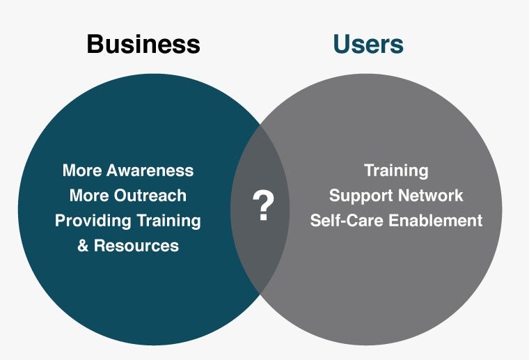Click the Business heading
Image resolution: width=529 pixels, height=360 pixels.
tap(143, 44)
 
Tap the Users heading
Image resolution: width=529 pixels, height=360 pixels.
tap(368, 44)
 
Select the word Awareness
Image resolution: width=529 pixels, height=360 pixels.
tap(150, 171)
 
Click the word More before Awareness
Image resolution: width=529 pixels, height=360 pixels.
tap(82, 171)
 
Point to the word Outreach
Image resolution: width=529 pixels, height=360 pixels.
tap(150, 196)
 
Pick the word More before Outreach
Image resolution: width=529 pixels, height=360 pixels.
tap(89, 196)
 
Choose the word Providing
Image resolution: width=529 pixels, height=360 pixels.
tap(93, 221)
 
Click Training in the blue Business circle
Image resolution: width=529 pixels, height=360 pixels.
tap(168, 221)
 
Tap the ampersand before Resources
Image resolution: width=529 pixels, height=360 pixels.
tap(83, 246)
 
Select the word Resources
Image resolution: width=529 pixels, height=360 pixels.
tap(136, 246)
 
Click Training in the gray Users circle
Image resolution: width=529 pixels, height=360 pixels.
tap(397, 171)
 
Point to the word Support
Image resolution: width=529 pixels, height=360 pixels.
tap(361, 196)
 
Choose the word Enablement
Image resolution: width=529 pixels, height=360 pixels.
tap(436, 221)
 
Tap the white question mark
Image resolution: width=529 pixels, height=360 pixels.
tap(264, 205)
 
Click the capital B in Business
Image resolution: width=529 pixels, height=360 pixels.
tap(96, 44)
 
